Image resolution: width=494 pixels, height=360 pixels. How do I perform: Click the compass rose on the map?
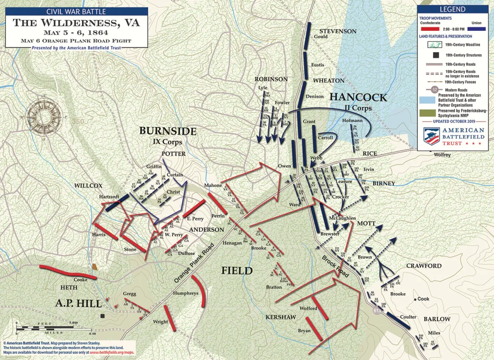click(x=44, y=117)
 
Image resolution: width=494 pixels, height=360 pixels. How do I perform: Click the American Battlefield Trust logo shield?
click(x=431, y=136)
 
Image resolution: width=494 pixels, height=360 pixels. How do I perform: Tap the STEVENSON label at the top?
click(x=338, y=31)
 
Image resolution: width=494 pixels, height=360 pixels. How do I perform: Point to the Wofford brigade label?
click(x=308, y=308)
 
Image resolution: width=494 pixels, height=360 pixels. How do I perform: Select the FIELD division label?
click(x=237, y=270)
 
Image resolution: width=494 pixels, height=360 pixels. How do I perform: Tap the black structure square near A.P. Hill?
click(x=103, y=315)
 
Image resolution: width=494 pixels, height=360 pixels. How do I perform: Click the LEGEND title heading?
click(x=452, y=9)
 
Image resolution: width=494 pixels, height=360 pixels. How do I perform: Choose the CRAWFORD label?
click(x=423, y=266)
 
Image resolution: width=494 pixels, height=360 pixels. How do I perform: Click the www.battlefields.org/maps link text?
click(x=112, y=353)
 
